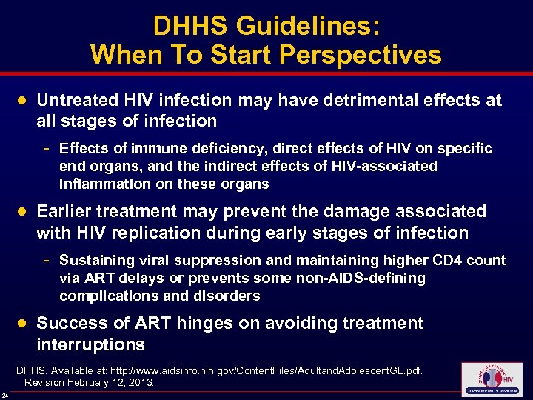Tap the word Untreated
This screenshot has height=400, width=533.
point(77,100)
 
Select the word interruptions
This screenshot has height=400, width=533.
point(90,345)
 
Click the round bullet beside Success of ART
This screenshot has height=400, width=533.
point(22,324)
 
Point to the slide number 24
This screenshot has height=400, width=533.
point(5,394)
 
